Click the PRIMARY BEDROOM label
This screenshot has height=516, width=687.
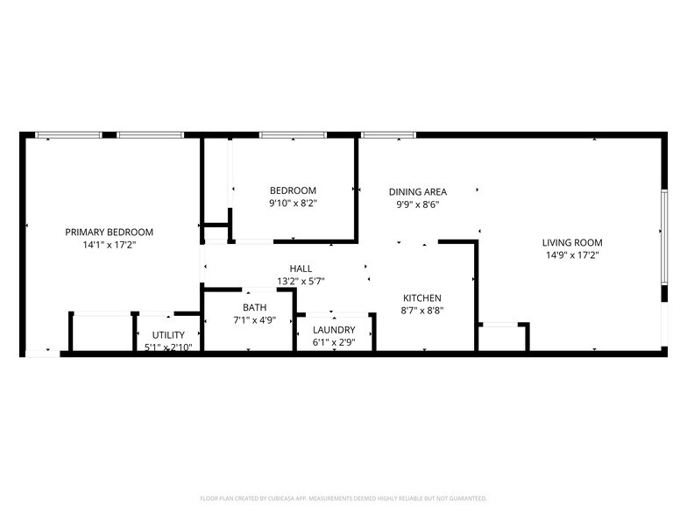pyautogui.click(x=109, y=232)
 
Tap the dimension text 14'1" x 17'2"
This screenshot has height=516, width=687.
pyautogui.click(x=109, y=246)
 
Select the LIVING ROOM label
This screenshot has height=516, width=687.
pyautogui.click(x=571, y=242)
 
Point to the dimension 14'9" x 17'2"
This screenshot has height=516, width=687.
pyautogui.click(x=571, y=255)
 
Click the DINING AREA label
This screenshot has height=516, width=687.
pyautogui.click(x=418, y=191)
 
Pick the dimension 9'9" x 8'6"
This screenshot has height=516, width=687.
pyautogui.click(x=417, y=204)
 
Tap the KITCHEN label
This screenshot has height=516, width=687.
pyautogui.click(x=421, y=297)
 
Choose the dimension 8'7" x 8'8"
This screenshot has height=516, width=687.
pyautogui.click(x=421, y=311)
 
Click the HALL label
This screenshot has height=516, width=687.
pyautogui.click(x=301, y=269)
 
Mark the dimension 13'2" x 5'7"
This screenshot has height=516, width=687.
pyautogui.click(x=301, y=282)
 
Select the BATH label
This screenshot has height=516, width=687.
pyautogui.click(x=255, y=307)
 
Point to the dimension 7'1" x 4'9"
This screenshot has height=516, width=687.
pyautogui.click(x=255, y=320)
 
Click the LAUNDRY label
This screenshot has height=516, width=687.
pyautogui.click(x=334, y=329)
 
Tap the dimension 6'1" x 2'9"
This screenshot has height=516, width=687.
pyautogui.click(x=334, y=342)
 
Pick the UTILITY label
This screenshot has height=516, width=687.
pyautogui.click(x=168, y=335)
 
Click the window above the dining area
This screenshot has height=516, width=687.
pyautogui.click(x=388, y=135)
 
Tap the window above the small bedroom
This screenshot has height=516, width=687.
pyautogui.click(x=293, y=135)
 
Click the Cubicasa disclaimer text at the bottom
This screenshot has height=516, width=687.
pyautogui.click(x=343, y=498)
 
